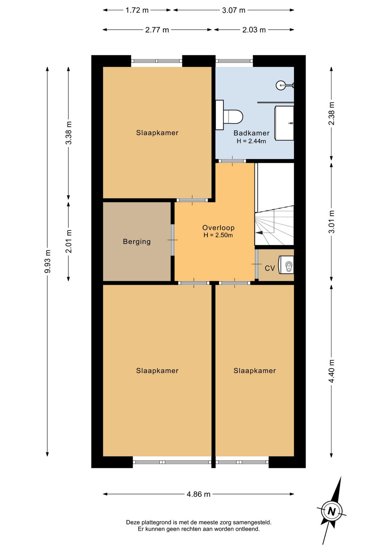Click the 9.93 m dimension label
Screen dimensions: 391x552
(48, 261)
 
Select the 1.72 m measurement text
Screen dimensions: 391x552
(137, 10)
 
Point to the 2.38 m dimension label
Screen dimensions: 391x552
(332, 114)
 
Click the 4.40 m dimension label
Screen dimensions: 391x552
(332, 371)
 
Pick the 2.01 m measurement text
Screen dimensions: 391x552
(69, 241)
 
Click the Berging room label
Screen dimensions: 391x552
(136, 242)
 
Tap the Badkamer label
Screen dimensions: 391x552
(251, 133)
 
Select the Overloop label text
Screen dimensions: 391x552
(218, 228)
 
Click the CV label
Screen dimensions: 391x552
(270, 268)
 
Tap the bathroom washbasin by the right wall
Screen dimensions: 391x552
(285, 123)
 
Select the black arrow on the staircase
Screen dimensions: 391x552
(259, 233)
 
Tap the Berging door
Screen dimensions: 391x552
(173, 240)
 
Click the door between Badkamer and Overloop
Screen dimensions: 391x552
(232, 161)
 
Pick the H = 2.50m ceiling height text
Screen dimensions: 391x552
(218, 235)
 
